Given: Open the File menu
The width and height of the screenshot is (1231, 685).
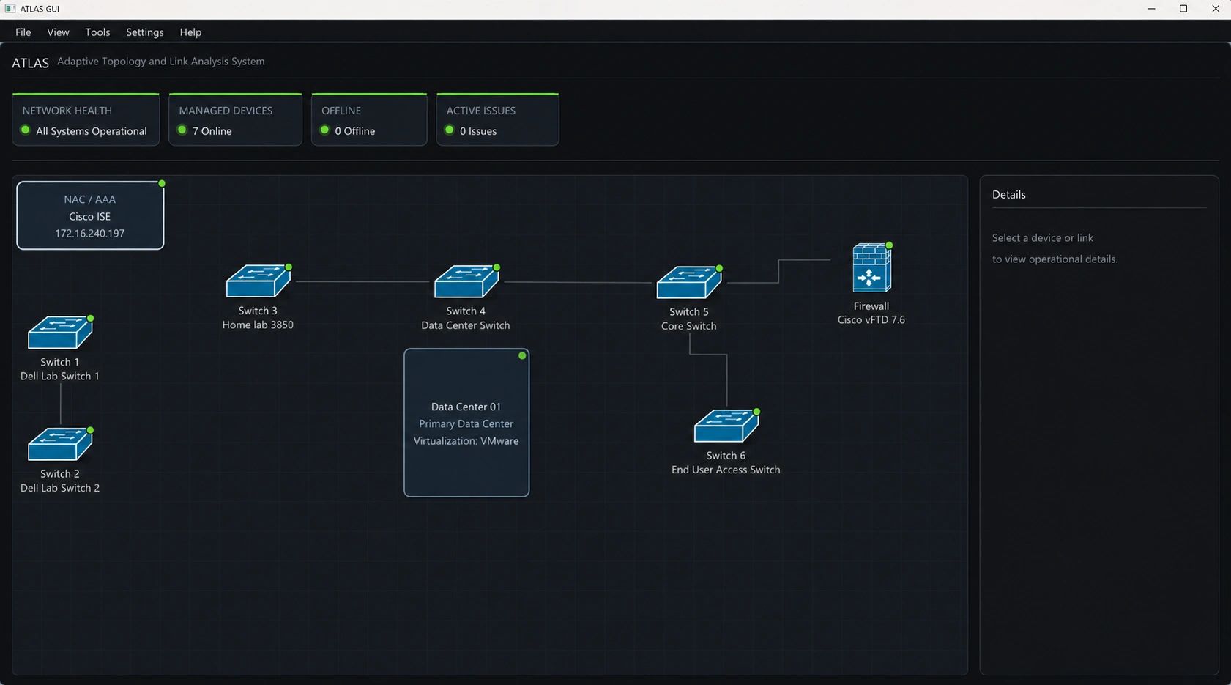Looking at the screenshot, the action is coord(23,32).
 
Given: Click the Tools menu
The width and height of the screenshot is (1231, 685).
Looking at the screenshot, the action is coord(97,32).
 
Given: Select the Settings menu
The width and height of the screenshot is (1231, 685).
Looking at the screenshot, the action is coord(144,32).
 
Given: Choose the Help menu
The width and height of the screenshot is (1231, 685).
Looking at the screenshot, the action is coord(190,32).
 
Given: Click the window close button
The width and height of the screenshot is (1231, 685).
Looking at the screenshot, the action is coord(1215,9).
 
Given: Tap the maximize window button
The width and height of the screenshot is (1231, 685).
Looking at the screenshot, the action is coord(1183,9).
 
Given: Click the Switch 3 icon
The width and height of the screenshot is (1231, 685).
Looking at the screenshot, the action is coord(259,281).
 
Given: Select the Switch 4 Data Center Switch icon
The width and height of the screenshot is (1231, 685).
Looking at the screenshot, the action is coord(466,281).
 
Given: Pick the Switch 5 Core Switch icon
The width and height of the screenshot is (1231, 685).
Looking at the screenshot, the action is coord(688,282).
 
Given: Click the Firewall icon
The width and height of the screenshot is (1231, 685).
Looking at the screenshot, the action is coord(871,268).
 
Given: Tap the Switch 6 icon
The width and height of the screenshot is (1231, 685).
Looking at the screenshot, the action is coord(726,426).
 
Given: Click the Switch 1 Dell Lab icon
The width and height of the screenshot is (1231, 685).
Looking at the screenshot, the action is coord(60,332).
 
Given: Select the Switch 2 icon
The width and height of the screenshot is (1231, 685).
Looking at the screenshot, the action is coord(60,444).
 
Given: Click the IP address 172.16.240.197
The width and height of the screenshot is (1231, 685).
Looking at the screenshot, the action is coord(89,233).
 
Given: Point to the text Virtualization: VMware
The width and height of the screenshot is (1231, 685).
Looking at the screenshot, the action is coord(466,441).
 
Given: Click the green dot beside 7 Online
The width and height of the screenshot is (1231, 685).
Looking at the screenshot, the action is coord(182,130).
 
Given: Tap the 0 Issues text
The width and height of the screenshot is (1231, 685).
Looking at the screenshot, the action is coord(478,131).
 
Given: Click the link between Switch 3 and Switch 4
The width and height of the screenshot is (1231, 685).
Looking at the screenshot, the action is coord(362,281).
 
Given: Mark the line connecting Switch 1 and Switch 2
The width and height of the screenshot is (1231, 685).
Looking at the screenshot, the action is coord(61,404).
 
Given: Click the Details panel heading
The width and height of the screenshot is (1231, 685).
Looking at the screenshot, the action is coord(1008,195).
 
